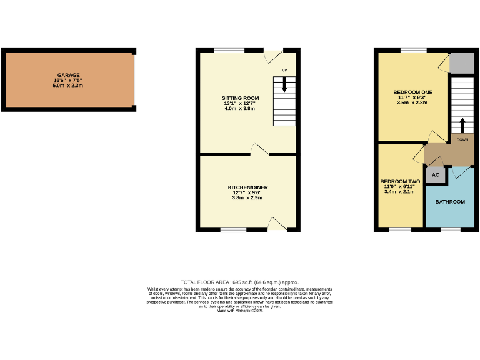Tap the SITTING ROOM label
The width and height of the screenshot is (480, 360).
click(240, 98)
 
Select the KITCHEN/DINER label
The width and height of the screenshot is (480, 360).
click(247, 187)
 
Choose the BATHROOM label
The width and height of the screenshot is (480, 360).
click(450, 202)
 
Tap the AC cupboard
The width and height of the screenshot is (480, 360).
click(436, 176)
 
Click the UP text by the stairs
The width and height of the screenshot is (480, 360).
click(284, 69)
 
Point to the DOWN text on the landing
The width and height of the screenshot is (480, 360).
click(462, 139)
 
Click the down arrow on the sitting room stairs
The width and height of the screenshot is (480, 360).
click(285, 84)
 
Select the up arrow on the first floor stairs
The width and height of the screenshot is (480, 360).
click(462, 124)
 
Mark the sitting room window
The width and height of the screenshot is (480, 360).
click(229, 50)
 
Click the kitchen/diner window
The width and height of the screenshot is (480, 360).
click(233, 230)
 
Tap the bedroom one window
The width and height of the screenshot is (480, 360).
click(409, 50)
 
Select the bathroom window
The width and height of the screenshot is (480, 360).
click(449, 230)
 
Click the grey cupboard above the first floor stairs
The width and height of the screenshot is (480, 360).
click(462, 62)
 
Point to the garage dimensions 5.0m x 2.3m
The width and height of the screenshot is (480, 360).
click(68, 86)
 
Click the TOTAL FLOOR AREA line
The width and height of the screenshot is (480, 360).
click(240, 282)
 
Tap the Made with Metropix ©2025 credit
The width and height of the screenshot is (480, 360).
click(240, 311)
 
